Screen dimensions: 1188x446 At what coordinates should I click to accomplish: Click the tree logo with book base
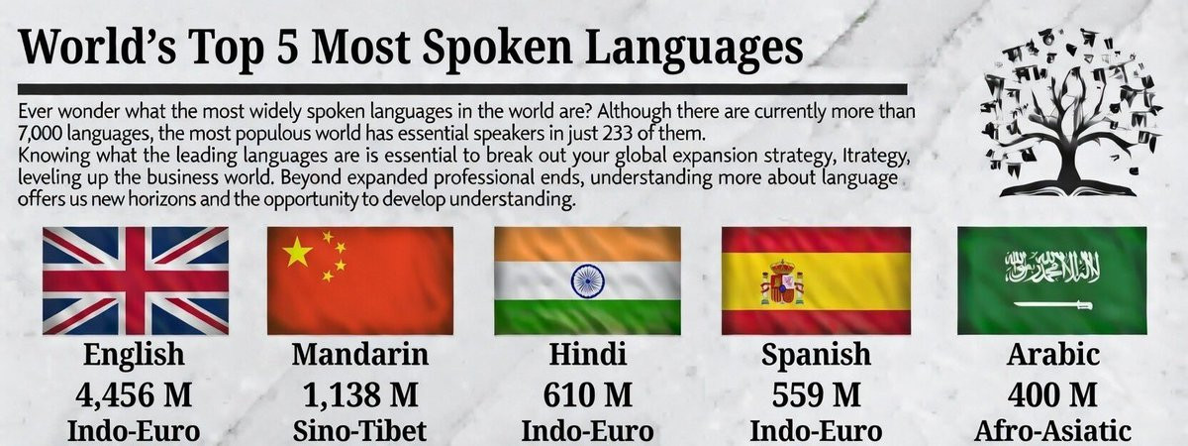pos(1070,113)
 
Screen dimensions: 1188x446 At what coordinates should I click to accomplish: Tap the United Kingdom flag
pos(136,280)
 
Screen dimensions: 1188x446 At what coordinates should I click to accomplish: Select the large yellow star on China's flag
pos(298,252)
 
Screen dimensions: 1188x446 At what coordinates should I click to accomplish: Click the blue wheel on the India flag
pos(588,280)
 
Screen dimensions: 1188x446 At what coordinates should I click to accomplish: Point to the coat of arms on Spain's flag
pos(782,281)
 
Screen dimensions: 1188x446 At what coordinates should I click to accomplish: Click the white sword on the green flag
pos(1052,305)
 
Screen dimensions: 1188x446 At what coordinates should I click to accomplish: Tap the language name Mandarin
pos(360,354)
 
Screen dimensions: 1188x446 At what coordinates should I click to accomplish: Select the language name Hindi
pos(588,354)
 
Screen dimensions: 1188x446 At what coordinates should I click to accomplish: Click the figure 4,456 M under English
pos(134,395)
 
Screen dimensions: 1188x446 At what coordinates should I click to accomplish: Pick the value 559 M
pos(816,395)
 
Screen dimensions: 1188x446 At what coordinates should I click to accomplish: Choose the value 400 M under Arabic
pos(1052,395)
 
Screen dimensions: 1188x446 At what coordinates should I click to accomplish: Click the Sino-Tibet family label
pos(359,431)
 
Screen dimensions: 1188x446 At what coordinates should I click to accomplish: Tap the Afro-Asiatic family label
pos(1052,431)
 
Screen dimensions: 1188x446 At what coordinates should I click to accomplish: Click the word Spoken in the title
pos(497,49)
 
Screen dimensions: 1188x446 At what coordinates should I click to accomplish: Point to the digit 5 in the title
pos(287,47)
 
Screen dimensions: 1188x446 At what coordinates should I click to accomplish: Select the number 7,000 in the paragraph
pos(40,133)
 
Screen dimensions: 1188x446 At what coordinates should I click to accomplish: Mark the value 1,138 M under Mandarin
pos(360,395)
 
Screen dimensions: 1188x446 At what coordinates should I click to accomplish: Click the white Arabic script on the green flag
pos(1052,267)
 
